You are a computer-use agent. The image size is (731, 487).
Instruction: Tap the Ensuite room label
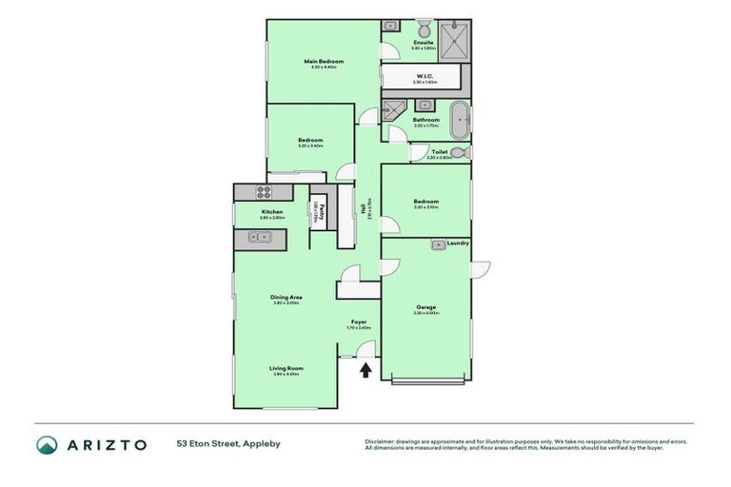(423, 43)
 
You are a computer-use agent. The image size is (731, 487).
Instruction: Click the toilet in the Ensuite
(423, 28)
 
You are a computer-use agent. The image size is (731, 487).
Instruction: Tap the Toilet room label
(439, 151)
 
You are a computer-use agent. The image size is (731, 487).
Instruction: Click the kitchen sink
(258, 237)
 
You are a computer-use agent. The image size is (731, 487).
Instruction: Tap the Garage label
(425, 307)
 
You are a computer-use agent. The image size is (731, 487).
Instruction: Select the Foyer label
(358, 322)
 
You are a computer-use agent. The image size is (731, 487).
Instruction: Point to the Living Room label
(286, 368)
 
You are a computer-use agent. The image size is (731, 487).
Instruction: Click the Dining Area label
(286, 298)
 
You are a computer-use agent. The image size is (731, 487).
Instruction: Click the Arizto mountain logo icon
(47, 444)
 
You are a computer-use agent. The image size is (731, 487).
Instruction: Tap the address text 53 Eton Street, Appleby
(227, 443)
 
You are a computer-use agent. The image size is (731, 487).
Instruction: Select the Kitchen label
(272, 212)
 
